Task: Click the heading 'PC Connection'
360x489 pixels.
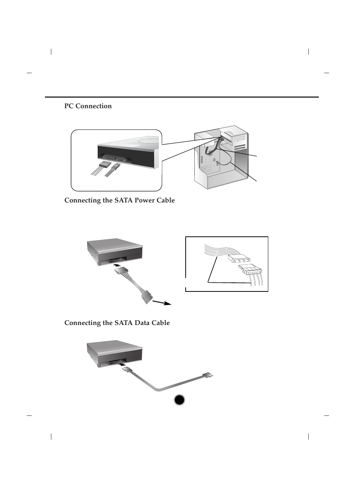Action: pos(88,106)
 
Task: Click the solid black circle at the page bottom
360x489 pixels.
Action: pos(180,400)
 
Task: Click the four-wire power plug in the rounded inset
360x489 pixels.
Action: pos(103,164)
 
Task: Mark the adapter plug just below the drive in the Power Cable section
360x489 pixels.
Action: pos(123,271)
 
